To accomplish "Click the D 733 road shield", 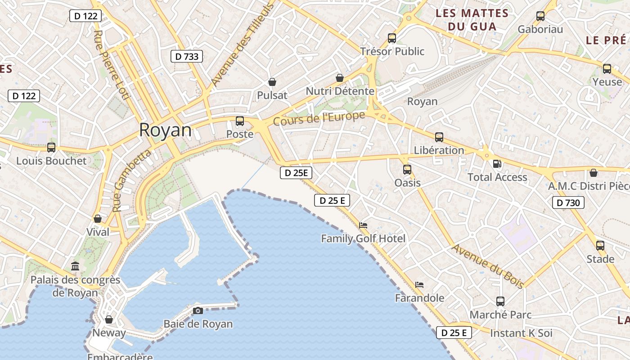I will click(x=187, y=56).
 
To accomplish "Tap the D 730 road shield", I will click(x=568, y=202).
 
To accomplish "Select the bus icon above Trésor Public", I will click(x=392, y=38).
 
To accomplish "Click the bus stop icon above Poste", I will click(x=240, y=121).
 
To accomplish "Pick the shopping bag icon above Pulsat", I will click(x=272, y=82).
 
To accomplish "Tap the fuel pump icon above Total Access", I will click(x=497, y=164).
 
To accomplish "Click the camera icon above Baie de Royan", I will click(x=198, y=310).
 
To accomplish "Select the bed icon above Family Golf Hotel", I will click(x=363, y=225).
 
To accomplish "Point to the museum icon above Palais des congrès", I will click(x=75, y=266).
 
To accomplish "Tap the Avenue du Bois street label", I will click(x=488, y=266).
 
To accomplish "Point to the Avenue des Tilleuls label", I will click(x=242, y=44).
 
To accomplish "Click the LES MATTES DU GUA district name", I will click(x=472, y=20).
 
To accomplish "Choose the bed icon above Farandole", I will click(x=419, y=284).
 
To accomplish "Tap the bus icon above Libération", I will click(x=439, y=137).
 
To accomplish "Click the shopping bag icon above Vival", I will click(x=98, y=219).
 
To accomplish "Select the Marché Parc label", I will click(x=500, y=315).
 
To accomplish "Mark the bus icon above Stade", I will click(x=600, y=246).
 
